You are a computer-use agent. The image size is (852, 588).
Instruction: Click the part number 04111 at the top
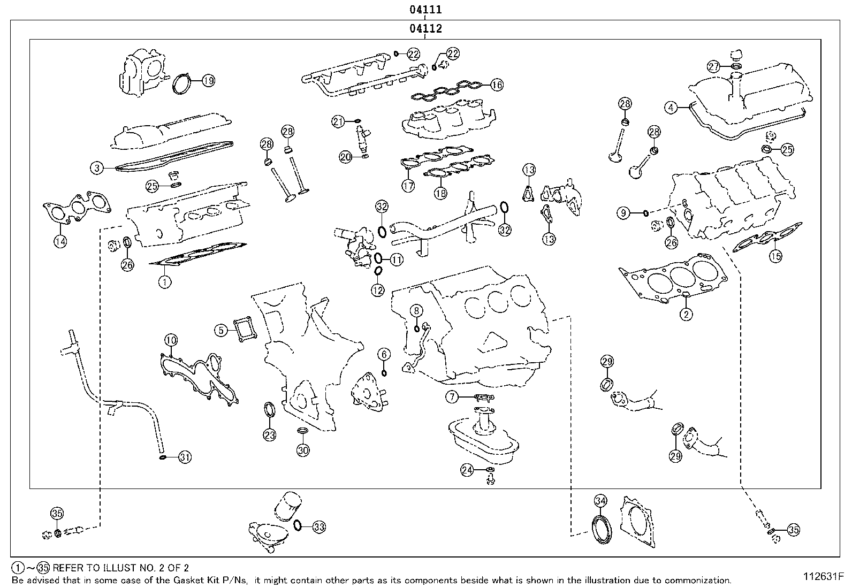tap(425, 9)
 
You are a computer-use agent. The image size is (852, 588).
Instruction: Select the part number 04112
tap(425, 28)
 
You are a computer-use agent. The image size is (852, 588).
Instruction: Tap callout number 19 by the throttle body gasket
tap(208, 81)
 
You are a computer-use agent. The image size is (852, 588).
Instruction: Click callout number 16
tap(497, 85)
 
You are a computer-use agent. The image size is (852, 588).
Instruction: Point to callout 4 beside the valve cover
tap(671, 108)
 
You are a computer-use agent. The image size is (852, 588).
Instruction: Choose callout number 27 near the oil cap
tap(713, 67)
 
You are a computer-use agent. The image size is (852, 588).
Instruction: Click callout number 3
tap(97, 167)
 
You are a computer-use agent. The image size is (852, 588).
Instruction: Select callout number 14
tap(60, 241)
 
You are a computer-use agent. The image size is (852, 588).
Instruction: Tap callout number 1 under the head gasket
tap(165, 282)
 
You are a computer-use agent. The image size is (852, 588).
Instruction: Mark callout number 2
tap(686, 314)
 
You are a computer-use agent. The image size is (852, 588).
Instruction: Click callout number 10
tap(171, 340)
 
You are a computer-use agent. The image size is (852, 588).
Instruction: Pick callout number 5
tap(221, 330)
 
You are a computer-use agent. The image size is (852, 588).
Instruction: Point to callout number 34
tap(600, 501)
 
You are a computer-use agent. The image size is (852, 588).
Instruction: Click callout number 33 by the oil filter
tap(319, 527)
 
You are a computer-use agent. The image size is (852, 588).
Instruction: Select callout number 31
tap(185, 457)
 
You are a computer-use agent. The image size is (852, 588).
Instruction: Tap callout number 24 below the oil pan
tap(467, 470)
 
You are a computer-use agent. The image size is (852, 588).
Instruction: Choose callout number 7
tap(452, 397)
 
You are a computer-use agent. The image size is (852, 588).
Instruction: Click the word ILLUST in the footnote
tap(118, 568)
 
